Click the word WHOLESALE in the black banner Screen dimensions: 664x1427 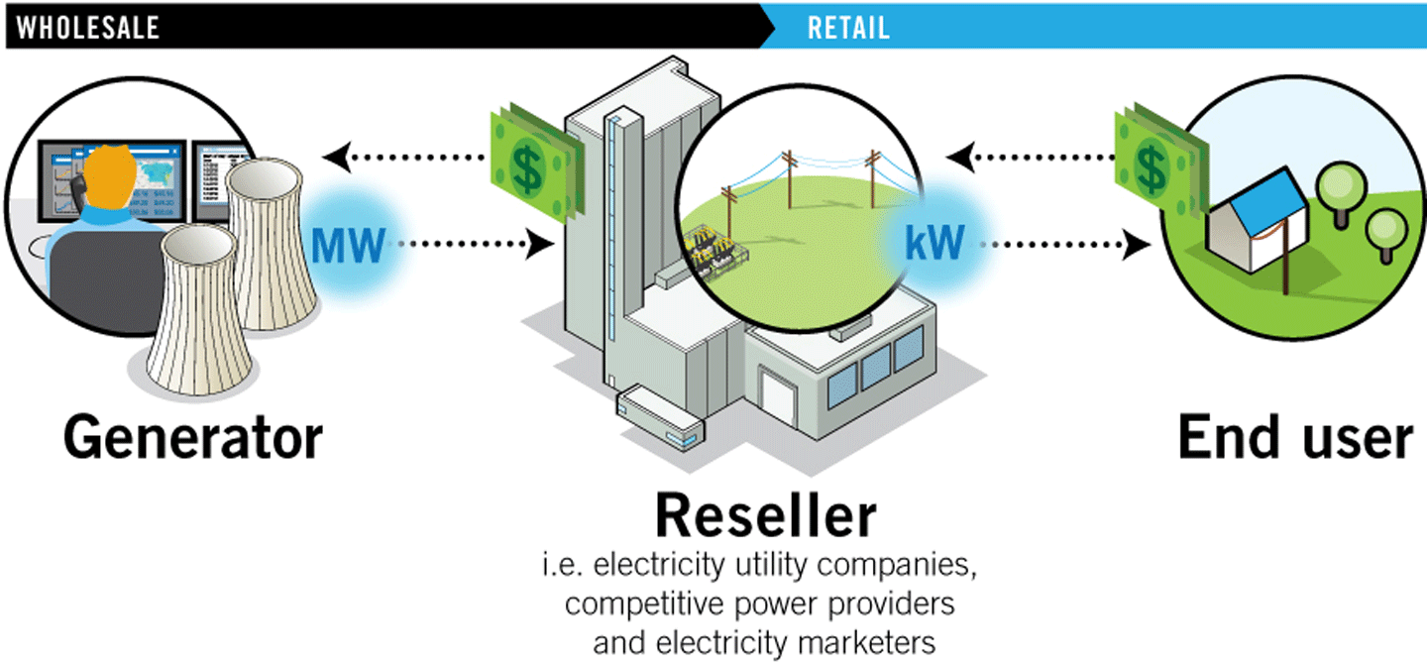(88, 28)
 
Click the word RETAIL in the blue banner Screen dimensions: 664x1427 (848, 28)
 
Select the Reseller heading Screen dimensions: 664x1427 (764, 516)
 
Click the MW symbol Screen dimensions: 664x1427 (347, 244)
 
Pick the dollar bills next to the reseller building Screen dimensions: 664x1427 (532, 165)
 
